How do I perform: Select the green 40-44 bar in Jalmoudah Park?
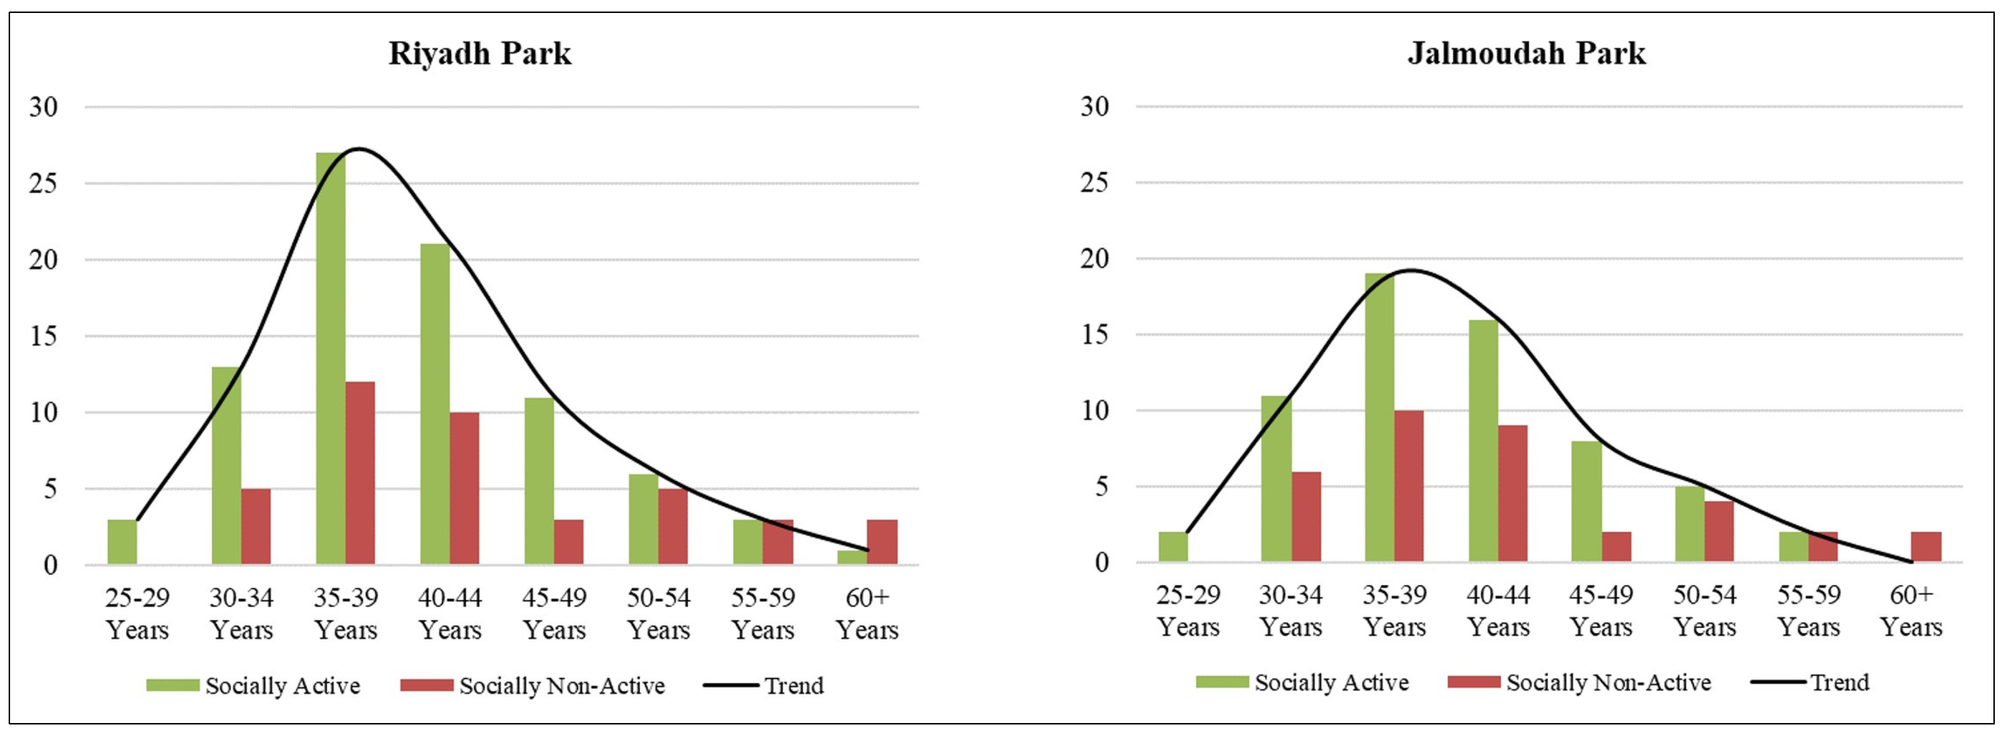(x=1483, y=441)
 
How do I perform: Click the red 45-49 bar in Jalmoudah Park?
(x=1616, y=547)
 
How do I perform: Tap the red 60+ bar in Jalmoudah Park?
(x=1926, y=547)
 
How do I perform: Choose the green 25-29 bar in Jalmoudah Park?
(x=1173, y=547)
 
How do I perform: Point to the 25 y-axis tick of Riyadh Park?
(x=44, y=184)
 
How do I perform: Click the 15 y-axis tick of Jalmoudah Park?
(x=1095, y=334)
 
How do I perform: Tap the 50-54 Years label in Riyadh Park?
(x=659, y=613)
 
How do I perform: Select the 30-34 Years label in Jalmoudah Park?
(x=1291, y=611)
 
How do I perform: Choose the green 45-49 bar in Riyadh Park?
(x=539, y=481)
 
